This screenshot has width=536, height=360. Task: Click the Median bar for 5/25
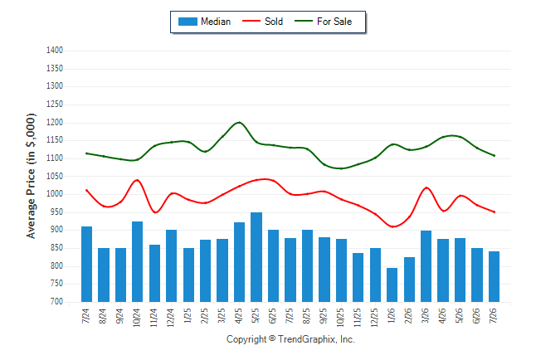256,257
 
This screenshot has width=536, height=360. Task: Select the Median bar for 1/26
392,285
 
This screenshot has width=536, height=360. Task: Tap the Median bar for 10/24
138,261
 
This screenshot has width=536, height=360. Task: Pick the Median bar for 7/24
86,264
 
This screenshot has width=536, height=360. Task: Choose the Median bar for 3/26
426,266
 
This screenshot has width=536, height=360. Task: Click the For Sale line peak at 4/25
239,122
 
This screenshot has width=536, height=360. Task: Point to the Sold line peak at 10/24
138,179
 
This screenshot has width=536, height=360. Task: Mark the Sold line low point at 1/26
392,226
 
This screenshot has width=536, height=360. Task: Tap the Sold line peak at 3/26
426,187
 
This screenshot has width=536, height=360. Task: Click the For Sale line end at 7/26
494,156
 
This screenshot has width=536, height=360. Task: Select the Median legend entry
204,22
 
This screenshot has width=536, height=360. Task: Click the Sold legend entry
262,22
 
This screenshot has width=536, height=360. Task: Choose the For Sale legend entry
323,22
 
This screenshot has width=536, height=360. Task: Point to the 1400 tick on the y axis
55,51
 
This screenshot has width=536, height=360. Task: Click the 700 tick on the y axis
57,302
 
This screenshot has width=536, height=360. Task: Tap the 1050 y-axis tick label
55,176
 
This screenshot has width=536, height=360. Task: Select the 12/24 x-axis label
171,318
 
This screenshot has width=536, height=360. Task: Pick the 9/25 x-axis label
324,316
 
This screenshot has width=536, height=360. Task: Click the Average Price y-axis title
31,176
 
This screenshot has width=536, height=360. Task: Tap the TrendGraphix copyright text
290,339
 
